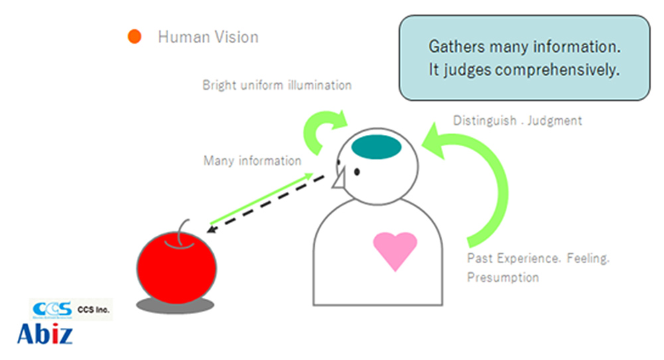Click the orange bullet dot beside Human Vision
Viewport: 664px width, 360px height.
click(x=135, y=37)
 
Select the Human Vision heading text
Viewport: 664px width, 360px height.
click(x=208, y=37)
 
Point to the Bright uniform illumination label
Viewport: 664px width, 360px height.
click(x=277, y=86)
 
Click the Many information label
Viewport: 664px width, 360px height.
click(x=252, y=161)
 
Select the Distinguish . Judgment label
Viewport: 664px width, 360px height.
click(x=517, y=121)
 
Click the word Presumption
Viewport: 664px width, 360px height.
click(x=503, y=277)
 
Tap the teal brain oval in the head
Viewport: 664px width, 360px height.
click(x=376, y=145)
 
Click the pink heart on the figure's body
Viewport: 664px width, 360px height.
click(x=395, y=248)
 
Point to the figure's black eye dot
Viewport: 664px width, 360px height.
click(x=357, y=172)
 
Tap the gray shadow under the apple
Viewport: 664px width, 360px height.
click(x=175, y=304)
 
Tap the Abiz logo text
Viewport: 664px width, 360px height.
click(x=44, y=333)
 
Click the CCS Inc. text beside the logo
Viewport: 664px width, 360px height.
click(x=94, y=310)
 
